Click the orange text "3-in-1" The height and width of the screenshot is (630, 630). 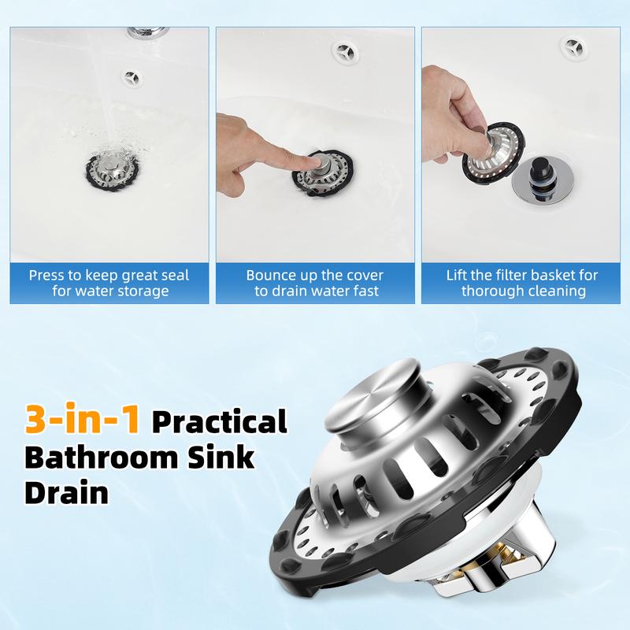tap(82, 419)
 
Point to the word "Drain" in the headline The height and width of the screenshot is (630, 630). tap(67, 492)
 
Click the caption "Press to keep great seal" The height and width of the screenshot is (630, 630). tap(109, 276)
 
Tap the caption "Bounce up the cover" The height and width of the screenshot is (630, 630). tap(314, 276)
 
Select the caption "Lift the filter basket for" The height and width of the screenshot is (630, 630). tap(522, 276)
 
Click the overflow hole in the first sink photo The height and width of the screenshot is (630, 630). tap(132, 77)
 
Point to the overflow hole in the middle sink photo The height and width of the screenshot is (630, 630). tap(345, 51)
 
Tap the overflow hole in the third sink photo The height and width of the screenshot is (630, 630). tap(574, 49)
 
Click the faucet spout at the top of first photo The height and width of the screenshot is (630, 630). tap(147, 32)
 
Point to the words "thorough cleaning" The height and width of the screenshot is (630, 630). tap(524, 291)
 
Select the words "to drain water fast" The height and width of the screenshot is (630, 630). tap(317, 291)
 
